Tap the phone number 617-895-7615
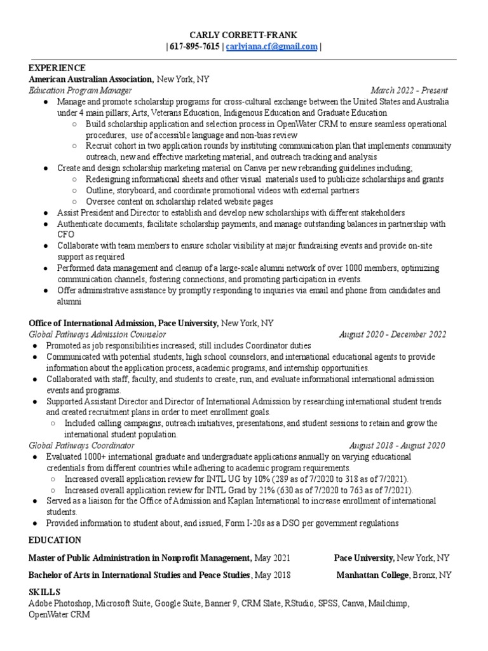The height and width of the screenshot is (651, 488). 194,46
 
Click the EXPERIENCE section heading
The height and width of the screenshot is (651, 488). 57,67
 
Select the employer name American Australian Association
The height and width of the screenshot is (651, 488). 91,79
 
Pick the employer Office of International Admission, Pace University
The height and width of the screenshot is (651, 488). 124,322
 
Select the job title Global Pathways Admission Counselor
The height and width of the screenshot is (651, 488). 97,334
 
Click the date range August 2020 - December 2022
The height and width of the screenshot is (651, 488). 392,334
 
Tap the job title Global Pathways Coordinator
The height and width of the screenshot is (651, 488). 81,445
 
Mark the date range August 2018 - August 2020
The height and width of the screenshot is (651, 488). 396,445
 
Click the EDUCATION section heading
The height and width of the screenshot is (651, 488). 55,540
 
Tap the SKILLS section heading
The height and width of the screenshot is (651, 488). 44,592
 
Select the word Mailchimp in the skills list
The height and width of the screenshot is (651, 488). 390,603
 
